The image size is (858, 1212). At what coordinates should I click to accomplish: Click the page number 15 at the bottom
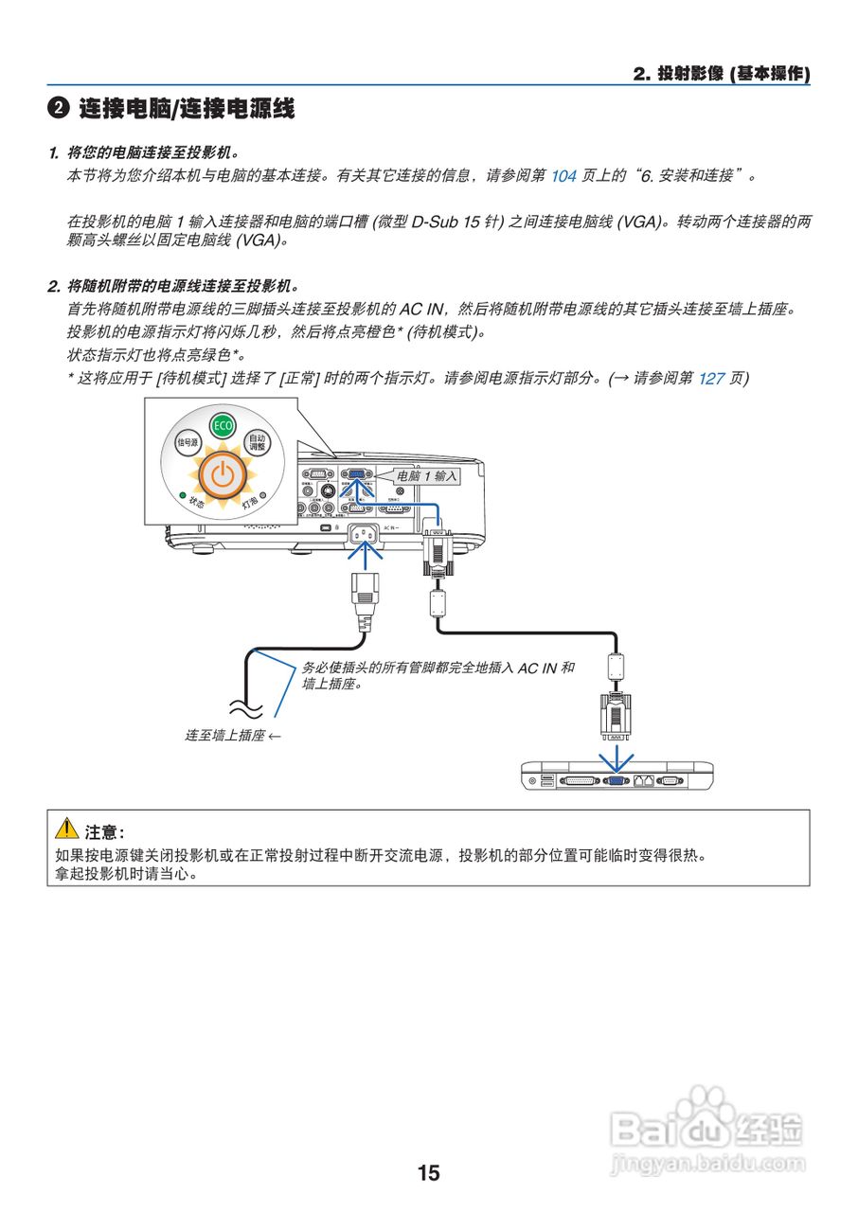(x=428, y=1173)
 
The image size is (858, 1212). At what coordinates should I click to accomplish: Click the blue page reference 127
(x=711, y=378)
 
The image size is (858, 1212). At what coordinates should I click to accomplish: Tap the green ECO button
(x=223, y=425)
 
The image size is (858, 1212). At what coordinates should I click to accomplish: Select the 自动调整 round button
(x=257, y=441)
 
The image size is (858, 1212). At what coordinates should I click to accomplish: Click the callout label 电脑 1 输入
(x=427, y=476)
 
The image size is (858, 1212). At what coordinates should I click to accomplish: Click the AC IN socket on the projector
(x=365, y=539)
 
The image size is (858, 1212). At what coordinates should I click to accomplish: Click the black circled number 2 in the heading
(x=59, y=109)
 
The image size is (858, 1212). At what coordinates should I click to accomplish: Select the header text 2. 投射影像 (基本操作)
(x=722, y=74)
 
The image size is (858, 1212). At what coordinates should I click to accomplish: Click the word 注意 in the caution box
(x=102, y=832)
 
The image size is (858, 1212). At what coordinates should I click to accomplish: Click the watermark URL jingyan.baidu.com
(x=708, y=1161)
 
